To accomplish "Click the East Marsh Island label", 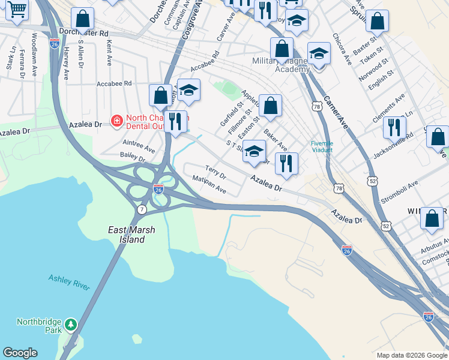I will (x=127, y=235).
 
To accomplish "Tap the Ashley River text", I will (x=69, y=282).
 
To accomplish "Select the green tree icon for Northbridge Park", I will (x=71, y=325).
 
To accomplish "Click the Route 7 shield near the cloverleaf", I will (x=142, y=209).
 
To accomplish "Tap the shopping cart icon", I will (x=17, y=9).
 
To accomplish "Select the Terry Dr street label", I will (x=215, y=173).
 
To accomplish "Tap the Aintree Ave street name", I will (x=138, y=147).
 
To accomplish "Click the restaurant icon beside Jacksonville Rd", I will (x=394, y=127).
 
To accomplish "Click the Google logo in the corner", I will (x=20, y=353).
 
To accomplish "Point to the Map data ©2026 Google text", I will (x=411, y=355).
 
